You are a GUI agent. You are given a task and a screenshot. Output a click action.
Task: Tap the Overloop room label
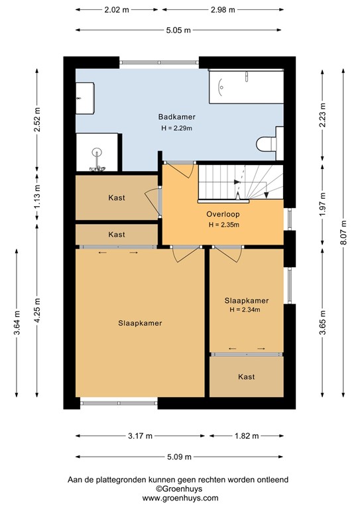tap(223, 214)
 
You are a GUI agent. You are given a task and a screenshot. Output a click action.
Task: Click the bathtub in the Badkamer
tap(246, 87)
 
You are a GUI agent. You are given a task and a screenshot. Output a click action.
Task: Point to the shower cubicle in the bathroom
tap(97, 152)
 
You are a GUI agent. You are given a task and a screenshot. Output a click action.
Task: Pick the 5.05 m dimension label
tap(178, 30)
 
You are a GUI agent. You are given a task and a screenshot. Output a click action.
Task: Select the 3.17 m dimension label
tap(140, 436)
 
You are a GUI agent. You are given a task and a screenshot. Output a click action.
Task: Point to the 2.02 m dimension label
tap(117, 10)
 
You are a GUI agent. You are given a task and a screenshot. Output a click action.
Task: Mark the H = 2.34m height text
tap(246, 310)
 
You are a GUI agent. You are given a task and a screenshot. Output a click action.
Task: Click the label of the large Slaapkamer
tap(141, 323)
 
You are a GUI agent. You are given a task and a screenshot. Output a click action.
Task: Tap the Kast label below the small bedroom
tap(246, 377)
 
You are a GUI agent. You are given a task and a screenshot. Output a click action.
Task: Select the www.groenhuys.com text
tap(180, 498)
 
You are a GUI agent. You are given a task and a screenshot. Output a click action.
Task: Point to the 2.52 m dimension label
tap(38, 119)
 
